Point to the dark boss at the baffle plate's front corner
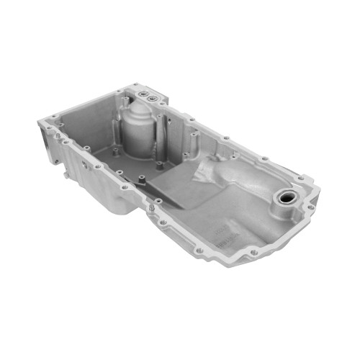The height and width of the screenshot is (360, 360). pos(142,176)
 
